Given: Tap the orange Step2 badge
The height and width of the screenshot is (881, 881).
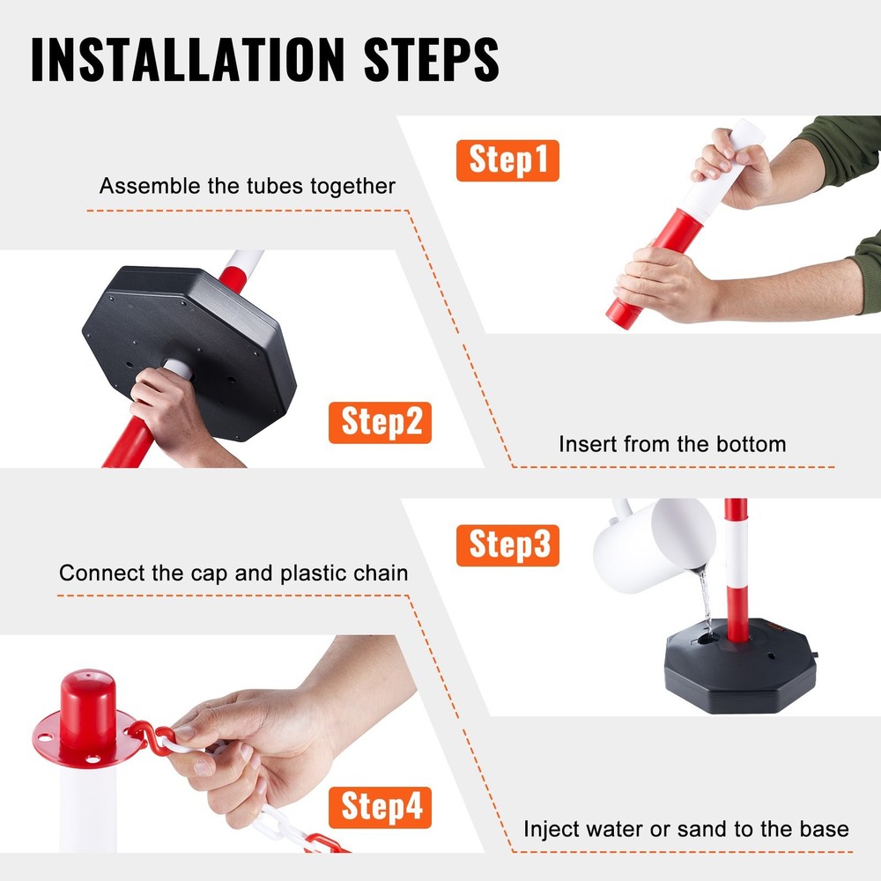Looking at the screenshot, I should [380, 422].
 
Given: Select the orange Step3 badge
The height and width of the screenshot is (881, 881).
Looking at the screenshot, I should [507, 544].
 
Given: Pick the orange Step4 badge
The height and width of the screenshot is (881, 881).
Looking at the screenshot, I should [380, 807].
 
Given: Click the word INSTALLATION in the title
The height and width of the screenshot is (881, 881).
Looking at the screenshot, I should [175, 59].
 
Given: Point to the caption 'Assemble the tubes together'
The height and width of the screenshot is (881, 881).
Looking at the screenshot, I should [247, 186].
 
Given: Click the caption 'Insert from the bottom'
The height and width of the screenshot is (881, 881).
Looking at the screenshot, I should [672, 444].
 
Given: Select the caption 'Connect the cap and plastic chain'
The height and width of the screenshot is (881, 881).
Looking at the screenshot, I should [233, 574].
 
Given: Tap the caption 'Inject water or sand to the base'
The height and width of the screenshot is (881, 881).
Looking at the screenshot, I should [686, 829].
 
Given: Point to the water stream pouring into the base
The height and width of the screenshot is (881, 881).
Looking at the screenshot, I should [705, 599].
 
